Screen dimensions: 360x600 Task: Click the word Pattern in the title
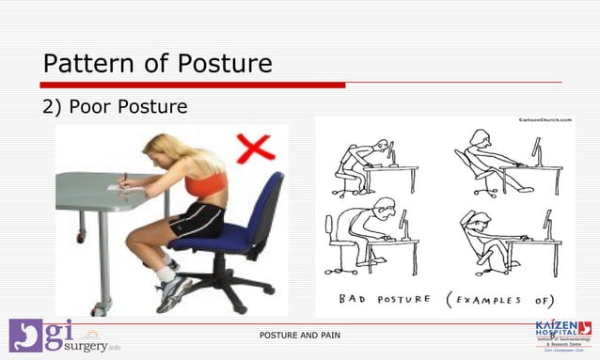pyautogui.click(x=90, y=64)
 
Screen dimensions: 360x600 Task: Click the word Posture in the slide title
pyautogui.click(x=222, y=64)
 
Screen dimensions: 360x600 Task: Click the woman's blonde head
pyautogui.click(x=160, y=150)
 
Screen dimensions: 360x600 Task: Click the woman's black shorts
pyautogui.click(x=198, y=222)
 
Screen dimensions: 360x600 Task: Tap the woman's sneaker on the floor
pyautogui.click(x=173, y=294)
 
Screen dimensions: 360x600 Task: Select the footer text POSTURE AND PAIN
pyautogui.click(x=300, y=336)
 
